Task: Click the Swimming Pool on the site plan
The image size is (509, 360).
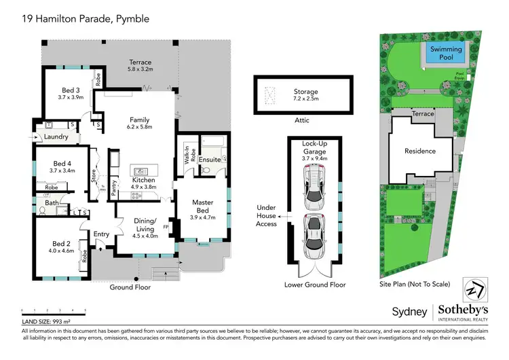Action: tap(445, 54)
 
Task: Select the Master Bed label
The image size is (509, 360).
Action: tap(203, 202)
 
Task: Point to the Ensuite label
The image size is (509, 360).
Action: tap(210, 160)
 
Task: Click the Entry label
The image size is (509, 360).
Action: tap(102, 234)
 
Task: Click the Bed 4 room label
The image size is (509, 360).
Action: tap(62, 163)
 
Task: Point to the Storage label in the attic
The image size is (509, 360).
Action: tap(305, 92)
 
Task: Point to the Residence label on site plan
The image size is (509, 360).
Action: tap(420, 151)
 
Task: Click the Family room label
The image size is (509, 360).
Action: tap(139, 120)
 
